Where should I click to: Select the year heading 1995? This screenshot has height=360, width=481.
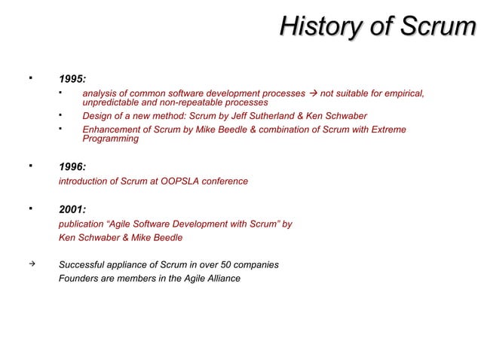[72, 78]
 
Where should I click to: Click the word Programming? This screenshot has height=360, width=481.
[110, 139]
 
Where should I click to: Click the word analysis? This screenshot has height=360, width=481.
[100, 93]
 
